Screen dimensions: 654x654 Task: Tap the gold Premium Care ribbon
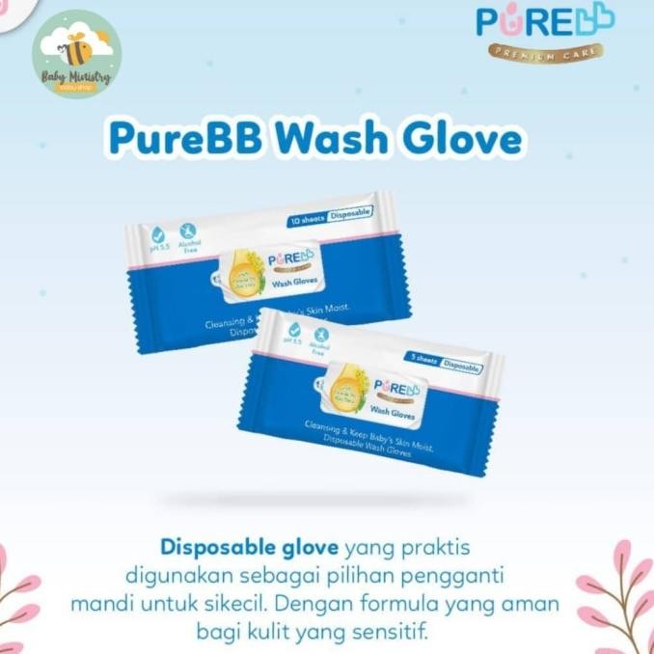point(545,50)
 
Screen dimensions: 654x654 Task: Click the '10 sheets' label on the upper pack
point(306,221)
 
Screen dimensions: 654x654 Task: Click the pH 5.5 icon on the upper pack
point(157,238)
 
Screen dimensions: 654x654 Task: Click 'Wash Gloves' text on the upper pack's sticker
point(289,285)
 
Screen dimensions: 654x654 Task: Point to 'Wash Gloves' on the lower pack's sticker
point(390,413)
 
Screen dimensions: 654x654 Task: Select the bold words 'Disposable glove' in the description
point(249,548)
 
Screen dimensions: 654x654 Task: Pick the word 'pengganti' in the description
point(465,573)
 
